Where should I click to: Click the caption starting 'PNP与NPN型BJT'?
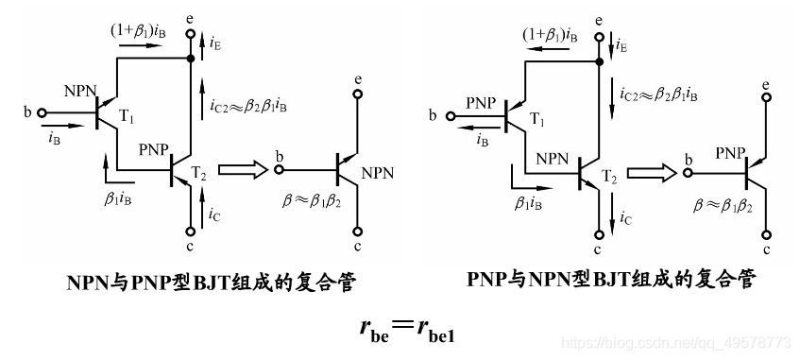[x=611, y=281]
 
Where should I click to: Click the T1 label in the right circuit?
[x=536, y=120]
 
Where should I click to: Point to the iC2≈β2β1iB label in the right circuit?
[x=658, y=95]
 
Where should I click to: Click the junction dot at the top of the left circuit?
[x=191, y=59]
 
